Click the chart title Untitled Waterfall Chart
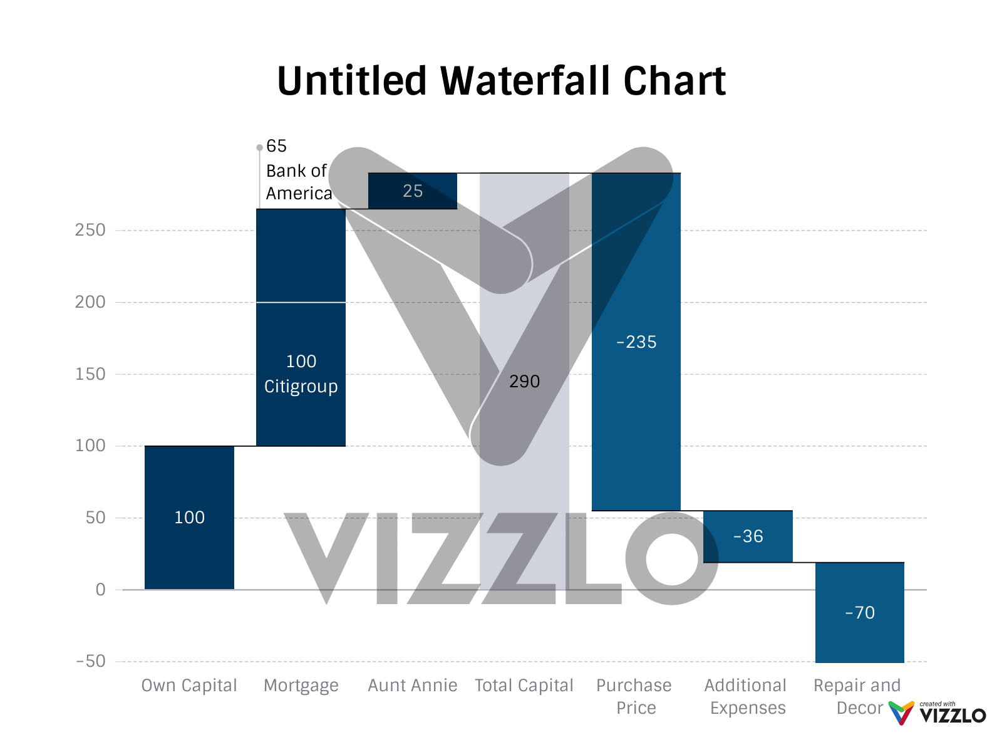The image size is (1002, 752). [501, 81]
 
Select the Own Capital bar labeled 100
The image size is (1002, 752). [189, 518]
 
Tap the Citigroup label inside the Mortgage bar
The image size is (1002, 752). [301, 387]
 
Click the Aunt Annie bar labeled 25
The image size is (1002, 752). [413, 191]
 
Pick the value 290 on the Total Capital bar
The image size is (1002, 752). [524, 382]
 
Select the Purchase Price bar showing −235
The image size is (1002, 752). [636, 342]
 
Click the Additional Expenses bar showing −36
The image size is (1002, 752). [748, 536]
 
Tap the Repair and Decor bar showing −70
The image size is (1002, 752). [859, 613]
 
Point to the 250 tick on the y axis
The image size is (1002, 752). [91, 231]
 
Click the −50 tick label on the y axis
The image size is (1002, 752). [91, 661]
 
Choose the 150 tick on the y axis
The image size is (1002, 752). [91, 374]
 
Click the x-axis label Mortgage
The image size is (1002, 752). [301, 686]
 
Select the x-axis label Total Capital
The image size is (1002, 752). [524, 686]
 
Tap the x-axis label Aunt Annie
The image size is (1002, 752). [413, 686]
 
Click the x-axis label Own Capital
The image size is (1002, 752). [189, 686]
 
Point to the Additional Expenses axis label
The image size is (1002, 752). [746, 696]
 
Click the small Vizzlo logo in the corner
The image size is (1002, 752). [937, 713]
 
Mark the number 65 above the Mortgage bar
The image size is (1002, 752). [276, 146]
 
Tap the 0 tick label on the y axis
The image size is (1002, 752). [100, 590]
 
